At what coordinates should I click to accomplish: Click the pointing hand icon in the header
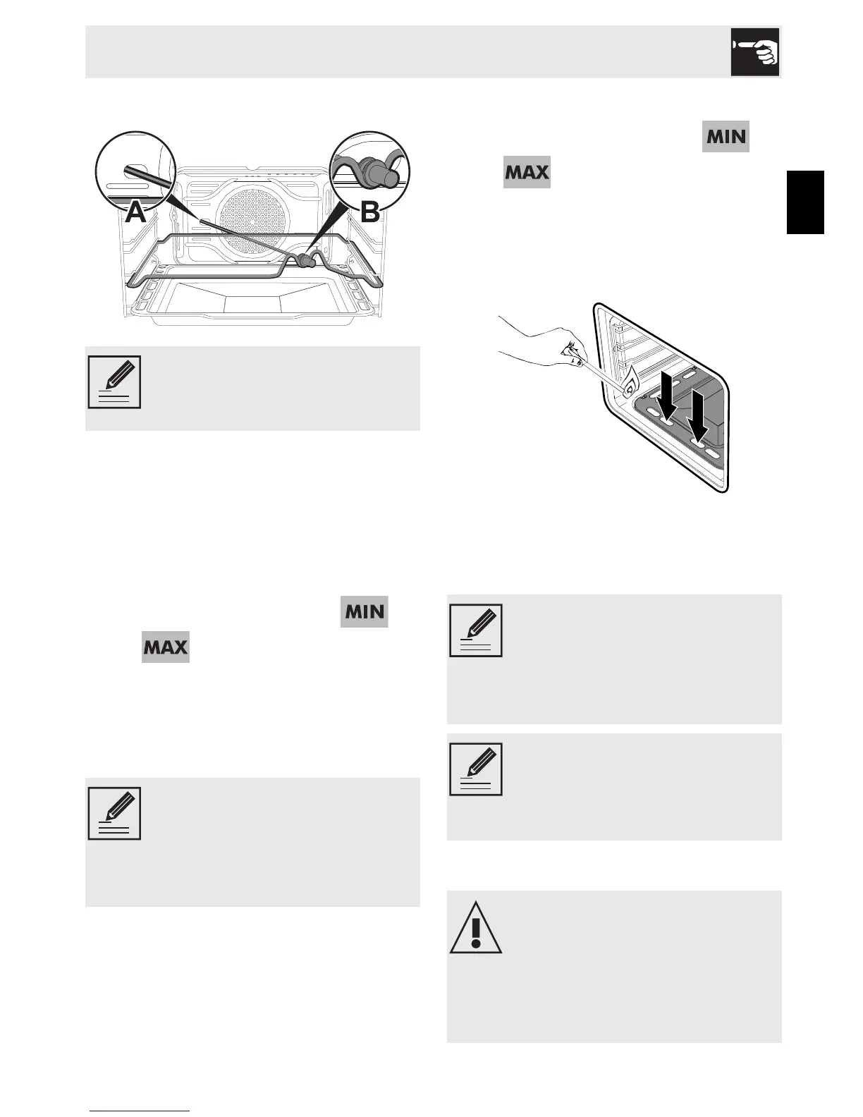(754, 51)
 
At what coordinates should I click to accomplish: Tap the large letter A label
(136, 212)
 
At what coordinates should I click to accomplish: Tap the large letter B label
(369, 212)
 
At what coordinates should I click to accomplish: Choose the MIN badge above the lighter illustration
(726, 136)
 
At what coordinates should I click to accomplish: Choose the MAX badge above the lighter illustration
(527, 172)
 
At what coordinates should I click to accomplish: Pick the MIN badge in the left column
(365, 611)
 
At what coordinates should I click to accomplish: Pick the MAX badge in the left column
(165, 647)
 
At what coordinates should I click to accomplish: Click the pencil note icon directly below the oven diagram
(114, 382)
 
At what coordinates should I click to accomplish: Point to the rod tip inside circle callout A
(130, 170)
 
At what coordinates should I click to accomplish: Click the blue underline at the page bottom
(140, 1111)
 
